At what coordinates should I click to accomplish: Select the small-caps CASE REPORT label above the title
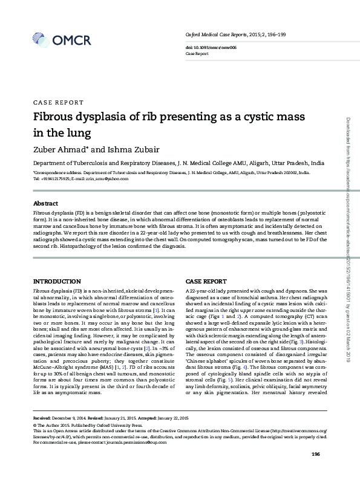click(58, 103)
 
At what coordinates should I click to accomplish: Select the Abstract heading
click(45, 204)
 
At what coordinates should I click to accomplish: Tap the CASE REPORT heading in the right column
click(206, 282)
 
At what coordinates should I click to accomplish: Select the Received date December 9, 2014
click(70, 418)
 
